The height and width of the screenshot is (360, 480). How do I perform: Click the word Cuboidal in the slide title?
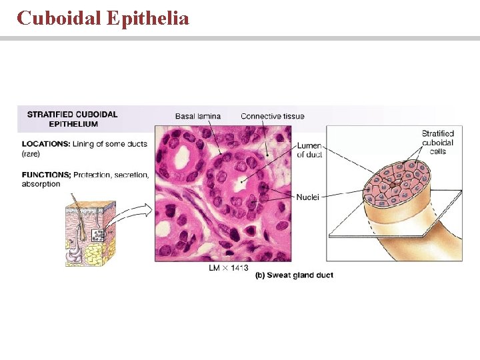click(58, 17)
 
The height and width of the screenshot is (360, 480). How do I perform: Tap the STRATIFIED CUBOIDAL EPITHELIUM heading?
click(72, 119)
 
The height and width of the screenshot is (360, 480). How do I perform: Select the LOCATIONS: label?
click(46, 144)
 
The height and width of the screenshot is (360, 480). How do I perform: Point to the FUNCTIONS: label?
click(46, 175)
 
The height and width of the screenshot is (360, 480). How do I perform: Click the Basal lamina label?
click(197, 116)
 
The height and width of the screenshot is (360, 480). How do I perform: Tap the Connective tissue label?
click(272, 116)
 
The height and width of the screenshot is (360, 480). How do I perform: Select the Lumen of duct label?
click(309, 150)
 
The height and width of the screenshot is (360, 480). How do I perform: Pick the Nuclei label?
click(307, 197)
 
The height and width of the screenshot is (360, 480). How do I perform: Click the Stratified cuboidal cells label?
click(437, 143)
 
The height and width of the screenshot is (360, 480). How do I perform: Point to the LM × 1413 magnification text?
click(229, 268)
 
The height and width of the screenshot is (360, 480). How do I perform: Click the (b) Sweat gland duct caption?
click(294, 275)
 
